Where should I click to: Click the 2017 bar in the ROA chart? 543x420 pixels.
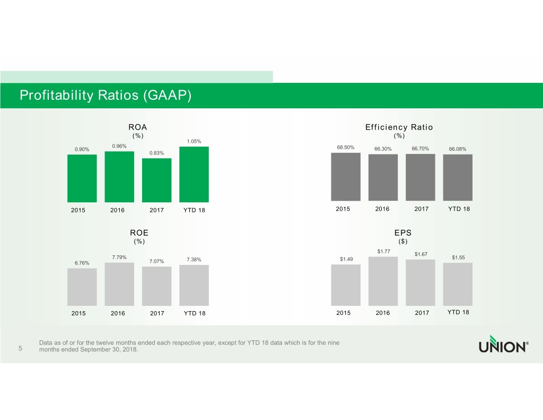(156, 180)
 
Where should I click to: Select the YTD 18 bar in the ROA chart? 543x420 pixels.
(194, 174)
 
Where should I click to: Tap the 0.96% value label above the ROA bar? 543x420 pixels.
(119, 147)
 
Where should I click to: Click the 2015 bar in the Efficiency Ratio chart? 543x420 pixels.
(345, 177)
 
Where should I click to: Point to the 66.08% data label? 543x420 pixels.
(457, 149)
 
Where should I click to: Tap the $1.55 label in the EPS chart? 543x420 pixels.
(458, 258)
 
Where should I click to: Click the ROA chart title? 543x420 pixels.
(138, 127)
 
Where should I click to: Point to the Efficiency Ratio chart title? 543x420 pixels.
(399, 127)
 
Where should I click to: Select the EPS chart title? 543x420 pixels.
(402, 233)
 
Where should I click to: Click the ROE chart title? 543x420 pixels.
(139, 233)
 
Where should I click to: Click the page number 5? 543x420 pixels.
(20, 349)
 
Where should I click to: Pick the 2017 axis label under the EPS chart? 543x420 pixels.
(422, 313)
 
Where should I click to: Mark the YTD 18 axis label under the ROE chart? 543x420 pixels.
(194, 313)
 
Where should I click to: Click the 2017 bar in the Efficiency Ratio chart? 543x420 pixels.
(420, 178)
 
